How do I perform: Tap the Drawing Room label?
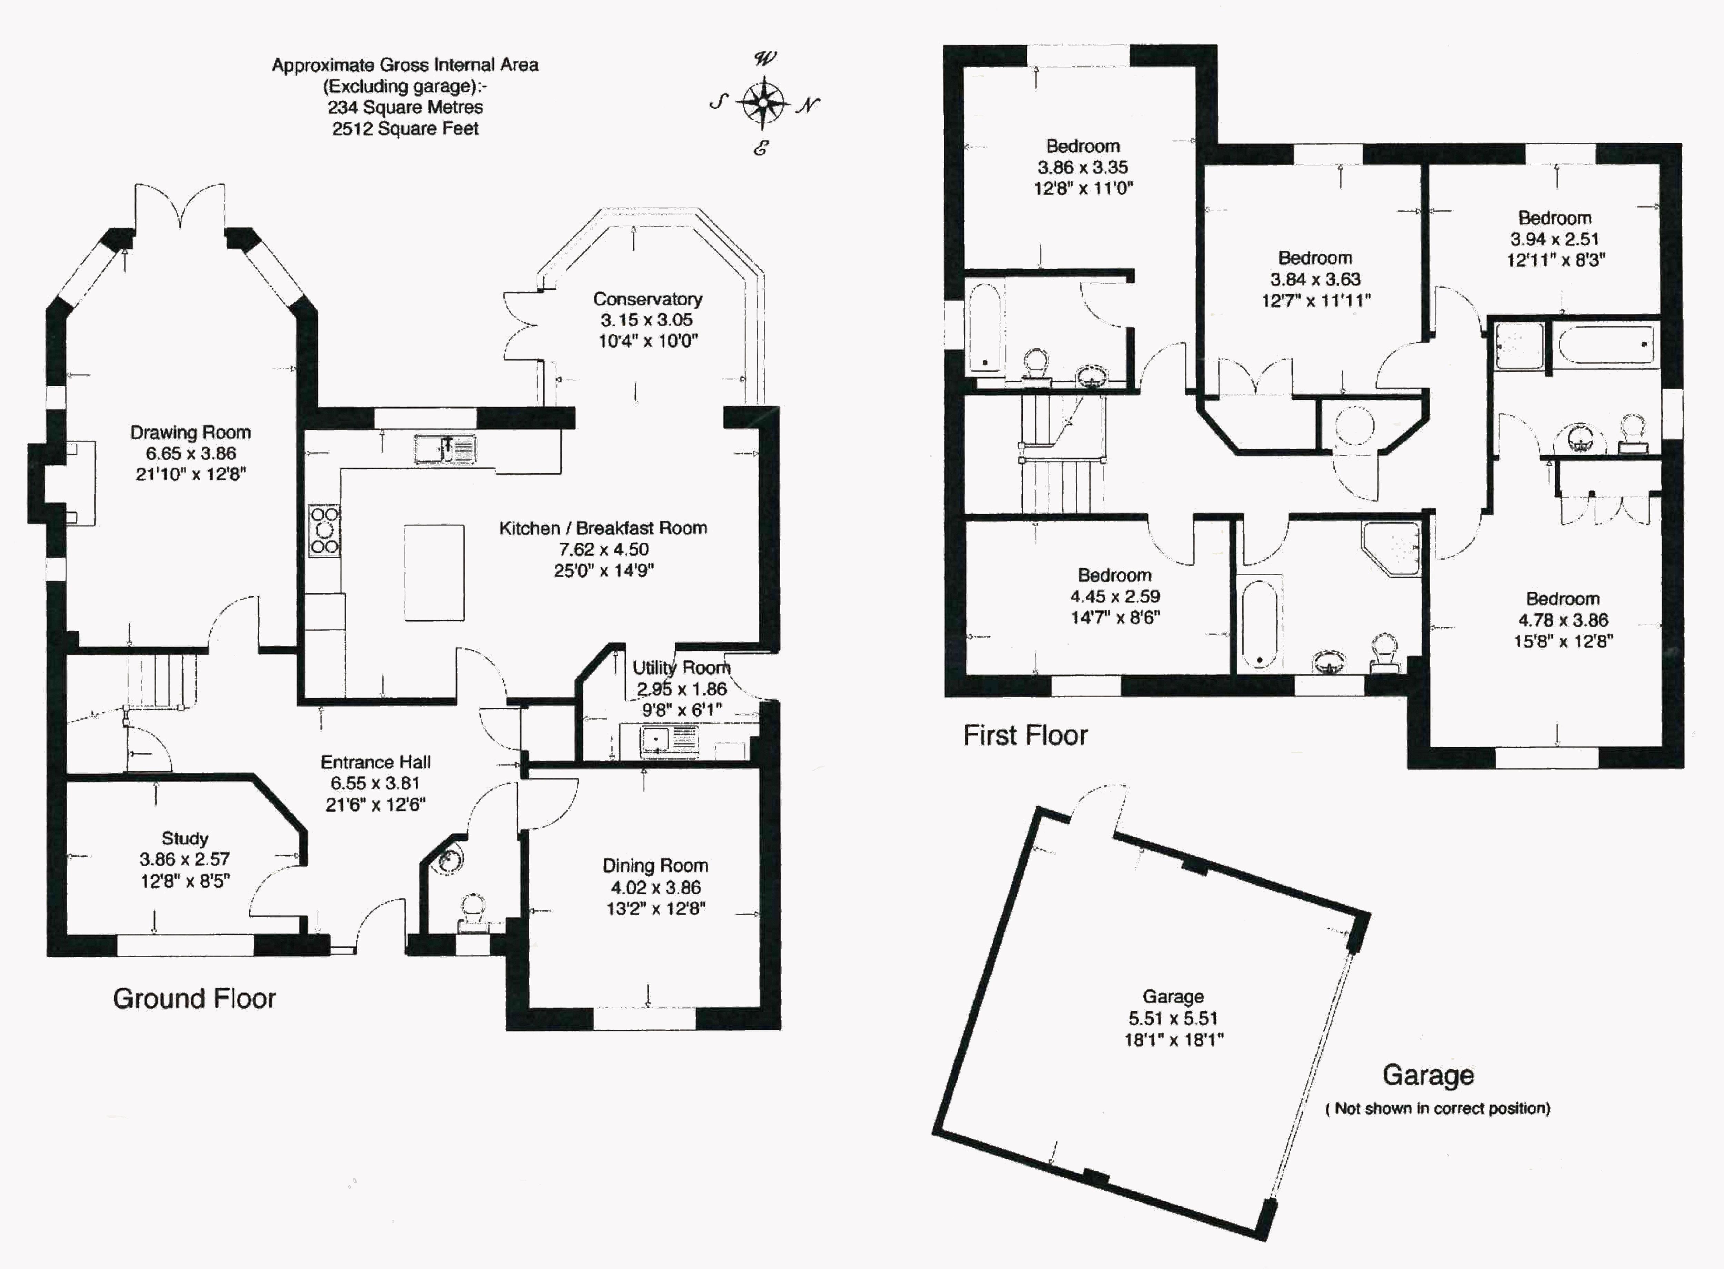190,432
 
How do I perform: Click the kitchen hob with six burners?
324,530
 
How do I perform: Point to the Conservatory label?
648,299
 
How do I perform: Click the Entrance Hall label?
375,762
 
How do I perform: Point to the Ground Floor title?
194,999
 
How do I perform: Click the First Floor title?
1025,735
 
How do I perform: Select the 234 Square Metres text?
405,108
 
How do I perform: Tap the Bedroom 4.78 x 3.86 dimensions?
1563,620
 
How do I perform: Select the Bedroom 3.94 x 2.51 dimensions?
1555,239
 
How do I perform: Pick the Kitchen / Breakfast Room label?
603,528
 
